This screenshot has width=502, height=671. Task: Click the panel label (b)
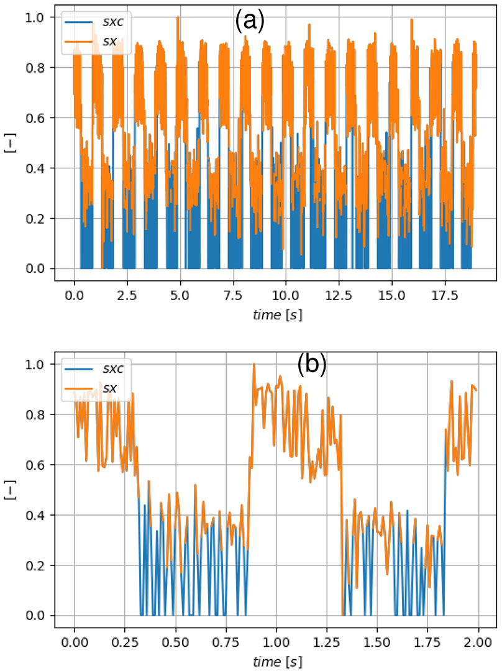[x=313, y=365]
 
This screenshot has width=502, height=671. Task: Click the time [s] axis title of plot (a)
[x=273, y=314]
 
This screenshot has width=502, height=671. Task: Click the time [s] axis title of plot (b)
[x=273, y=660]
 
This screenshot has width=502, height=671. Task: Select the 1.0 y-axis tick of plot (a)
[x=35, y=17]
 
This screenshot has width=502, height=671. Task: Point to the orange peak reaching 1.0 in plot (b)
[x=253, y=365]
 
